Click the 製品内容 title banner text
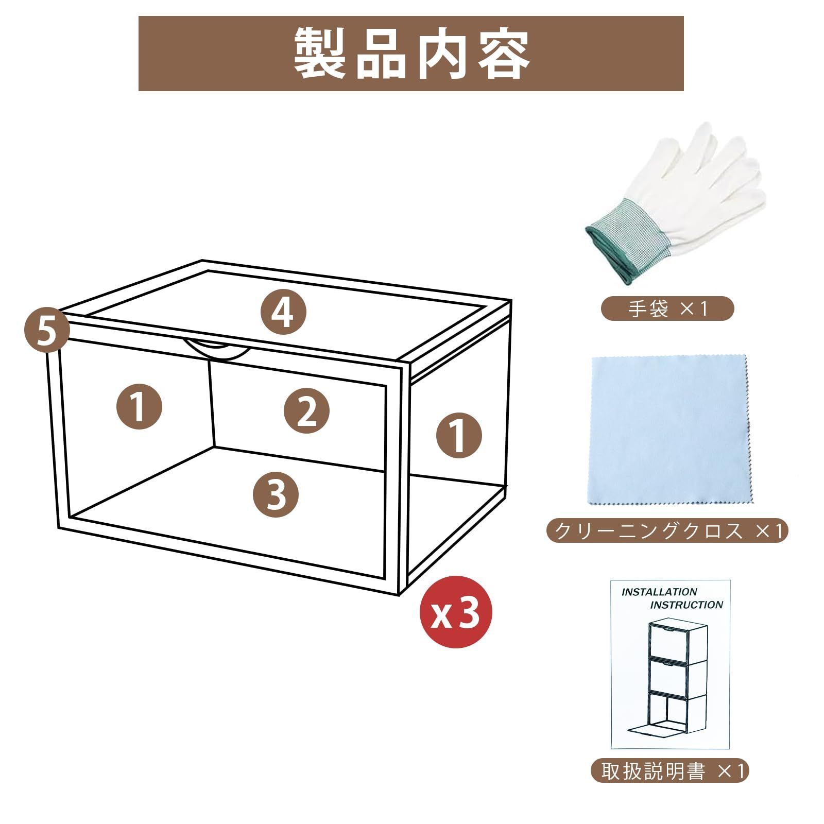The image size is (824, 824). pos(411,53)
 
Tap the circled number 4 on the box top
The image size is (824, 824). pos(283,312)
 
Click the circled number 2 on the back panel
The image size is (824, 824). pos(307,410)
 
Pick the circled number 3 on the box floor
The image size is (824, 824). pos(276,494)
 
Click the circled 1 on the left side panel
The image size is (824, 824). pos(139,406)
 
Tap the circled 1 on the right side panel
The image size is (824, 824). pos(459,435)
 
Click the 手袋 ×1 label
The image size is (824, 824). pos(667,309)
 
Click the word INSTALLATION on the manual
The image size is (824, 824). pos(659,592)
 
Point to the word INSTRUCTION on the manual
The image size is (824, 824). pos(686,605)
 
